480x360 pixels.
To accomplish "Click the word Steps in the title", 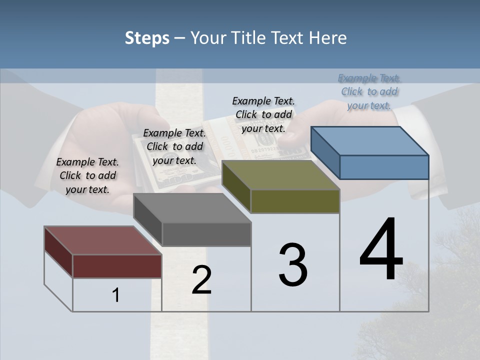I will click(147, 38).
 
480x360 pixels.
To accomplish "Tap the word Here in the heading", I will click(327, 38).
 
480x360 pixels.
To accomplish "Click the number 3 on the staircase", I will click(293, 265).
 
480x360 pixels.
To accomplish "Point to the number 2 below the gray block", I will click(201, 280).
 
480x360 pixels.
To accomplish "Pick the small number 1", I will click(116, 295).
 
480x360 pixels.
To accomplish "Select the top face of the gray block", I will click(192, 208).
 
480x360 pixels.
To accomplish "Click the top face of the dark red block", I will click(103, 240).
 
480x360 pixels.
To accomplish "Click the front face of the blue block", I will click(384, 167).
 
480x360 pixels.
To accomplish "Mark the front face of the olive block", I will click(295, 201).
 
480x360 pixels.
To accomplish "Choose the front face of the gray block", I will click(206, 234).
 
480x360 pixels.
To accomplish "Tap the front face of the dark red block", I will click(117, 266).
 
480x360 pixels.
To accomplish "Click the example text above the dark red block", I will click(87, 175).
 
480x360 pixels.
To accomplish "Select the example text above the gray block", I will click(174, 146).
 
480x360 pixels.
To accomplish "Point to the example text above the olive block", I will click(263, 114).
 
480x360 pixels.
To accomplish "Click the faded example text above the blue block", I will click(369, 91).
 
